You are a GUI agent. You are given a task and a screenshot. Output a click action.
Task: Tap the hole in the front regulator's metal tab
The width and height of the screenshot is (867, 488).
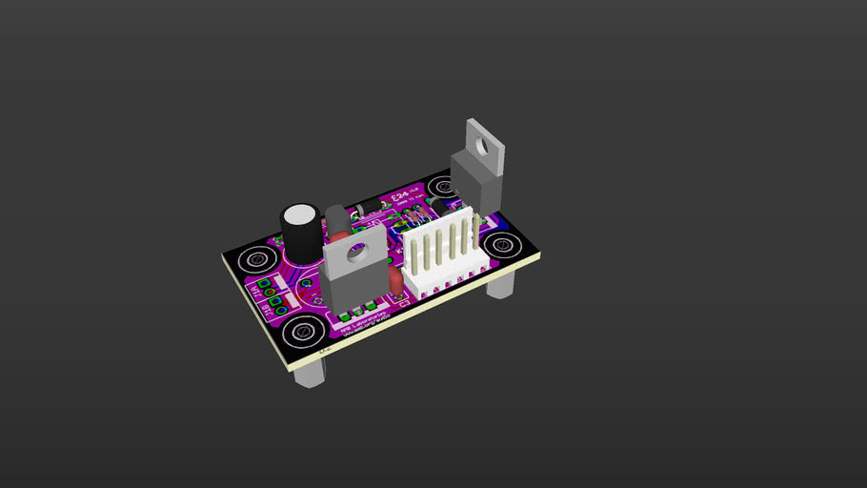357,252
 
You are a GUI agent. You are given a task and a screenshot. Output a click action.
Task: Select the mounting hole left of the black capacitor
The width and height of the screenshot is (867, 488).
255,259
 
